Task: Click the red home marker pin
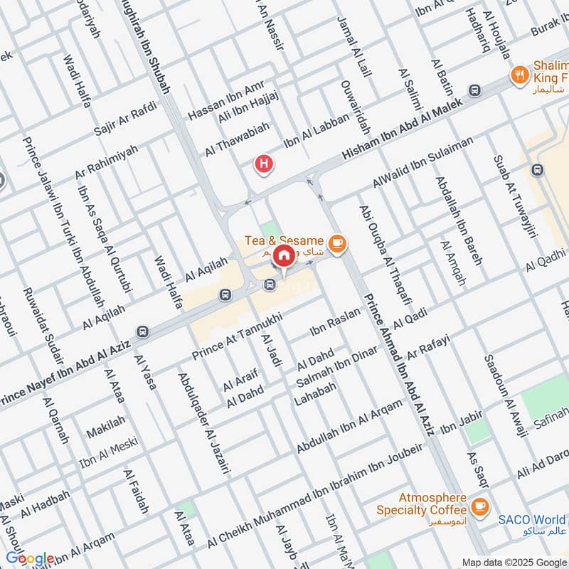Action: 283,255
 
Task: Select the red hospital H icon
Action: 265,164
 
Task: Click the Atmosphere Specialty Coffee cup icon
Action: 480,506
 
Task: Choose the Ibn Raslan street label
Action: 335,326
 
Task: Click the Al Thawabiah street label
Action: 237,140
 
